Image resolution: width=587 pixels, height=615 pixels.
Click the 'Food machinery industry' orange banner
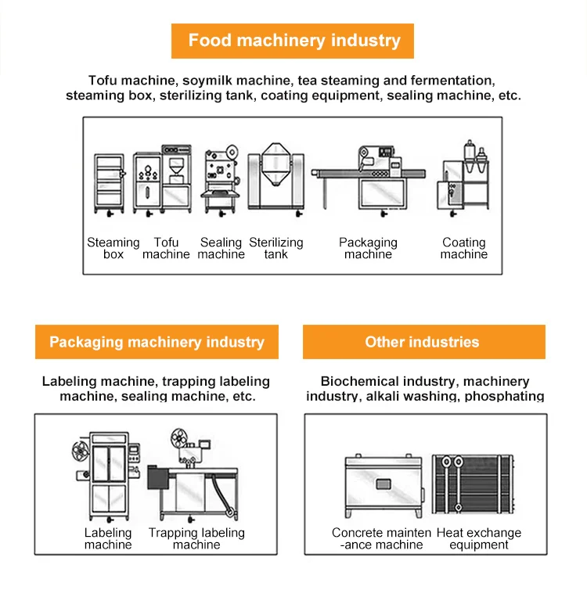pos(293,41)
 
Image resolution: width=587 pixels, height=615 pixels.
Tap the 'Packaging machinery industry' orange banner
pos(157,342)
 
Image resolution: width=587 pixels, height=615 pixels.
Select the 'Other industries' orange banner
pos(423,342)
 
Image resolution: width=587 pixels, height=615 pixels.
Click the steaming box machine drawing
pos(108,184)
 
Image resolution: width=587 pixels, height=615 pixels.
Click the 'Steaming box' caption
pos(113,249)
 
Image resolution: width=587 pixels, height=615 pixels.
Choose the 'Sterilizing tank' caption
pos(275,249)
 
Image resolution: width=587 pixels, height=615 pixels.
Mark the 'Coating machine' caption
pos(464,249)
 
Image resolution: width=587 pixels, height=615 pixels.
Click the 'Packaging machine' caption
pos(368,249)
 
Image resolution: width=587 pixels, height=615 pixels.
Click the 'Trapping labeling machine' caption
pos(196,539)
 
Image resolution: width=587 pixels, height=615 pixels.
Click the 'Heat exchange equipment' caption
pos(479,539)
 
